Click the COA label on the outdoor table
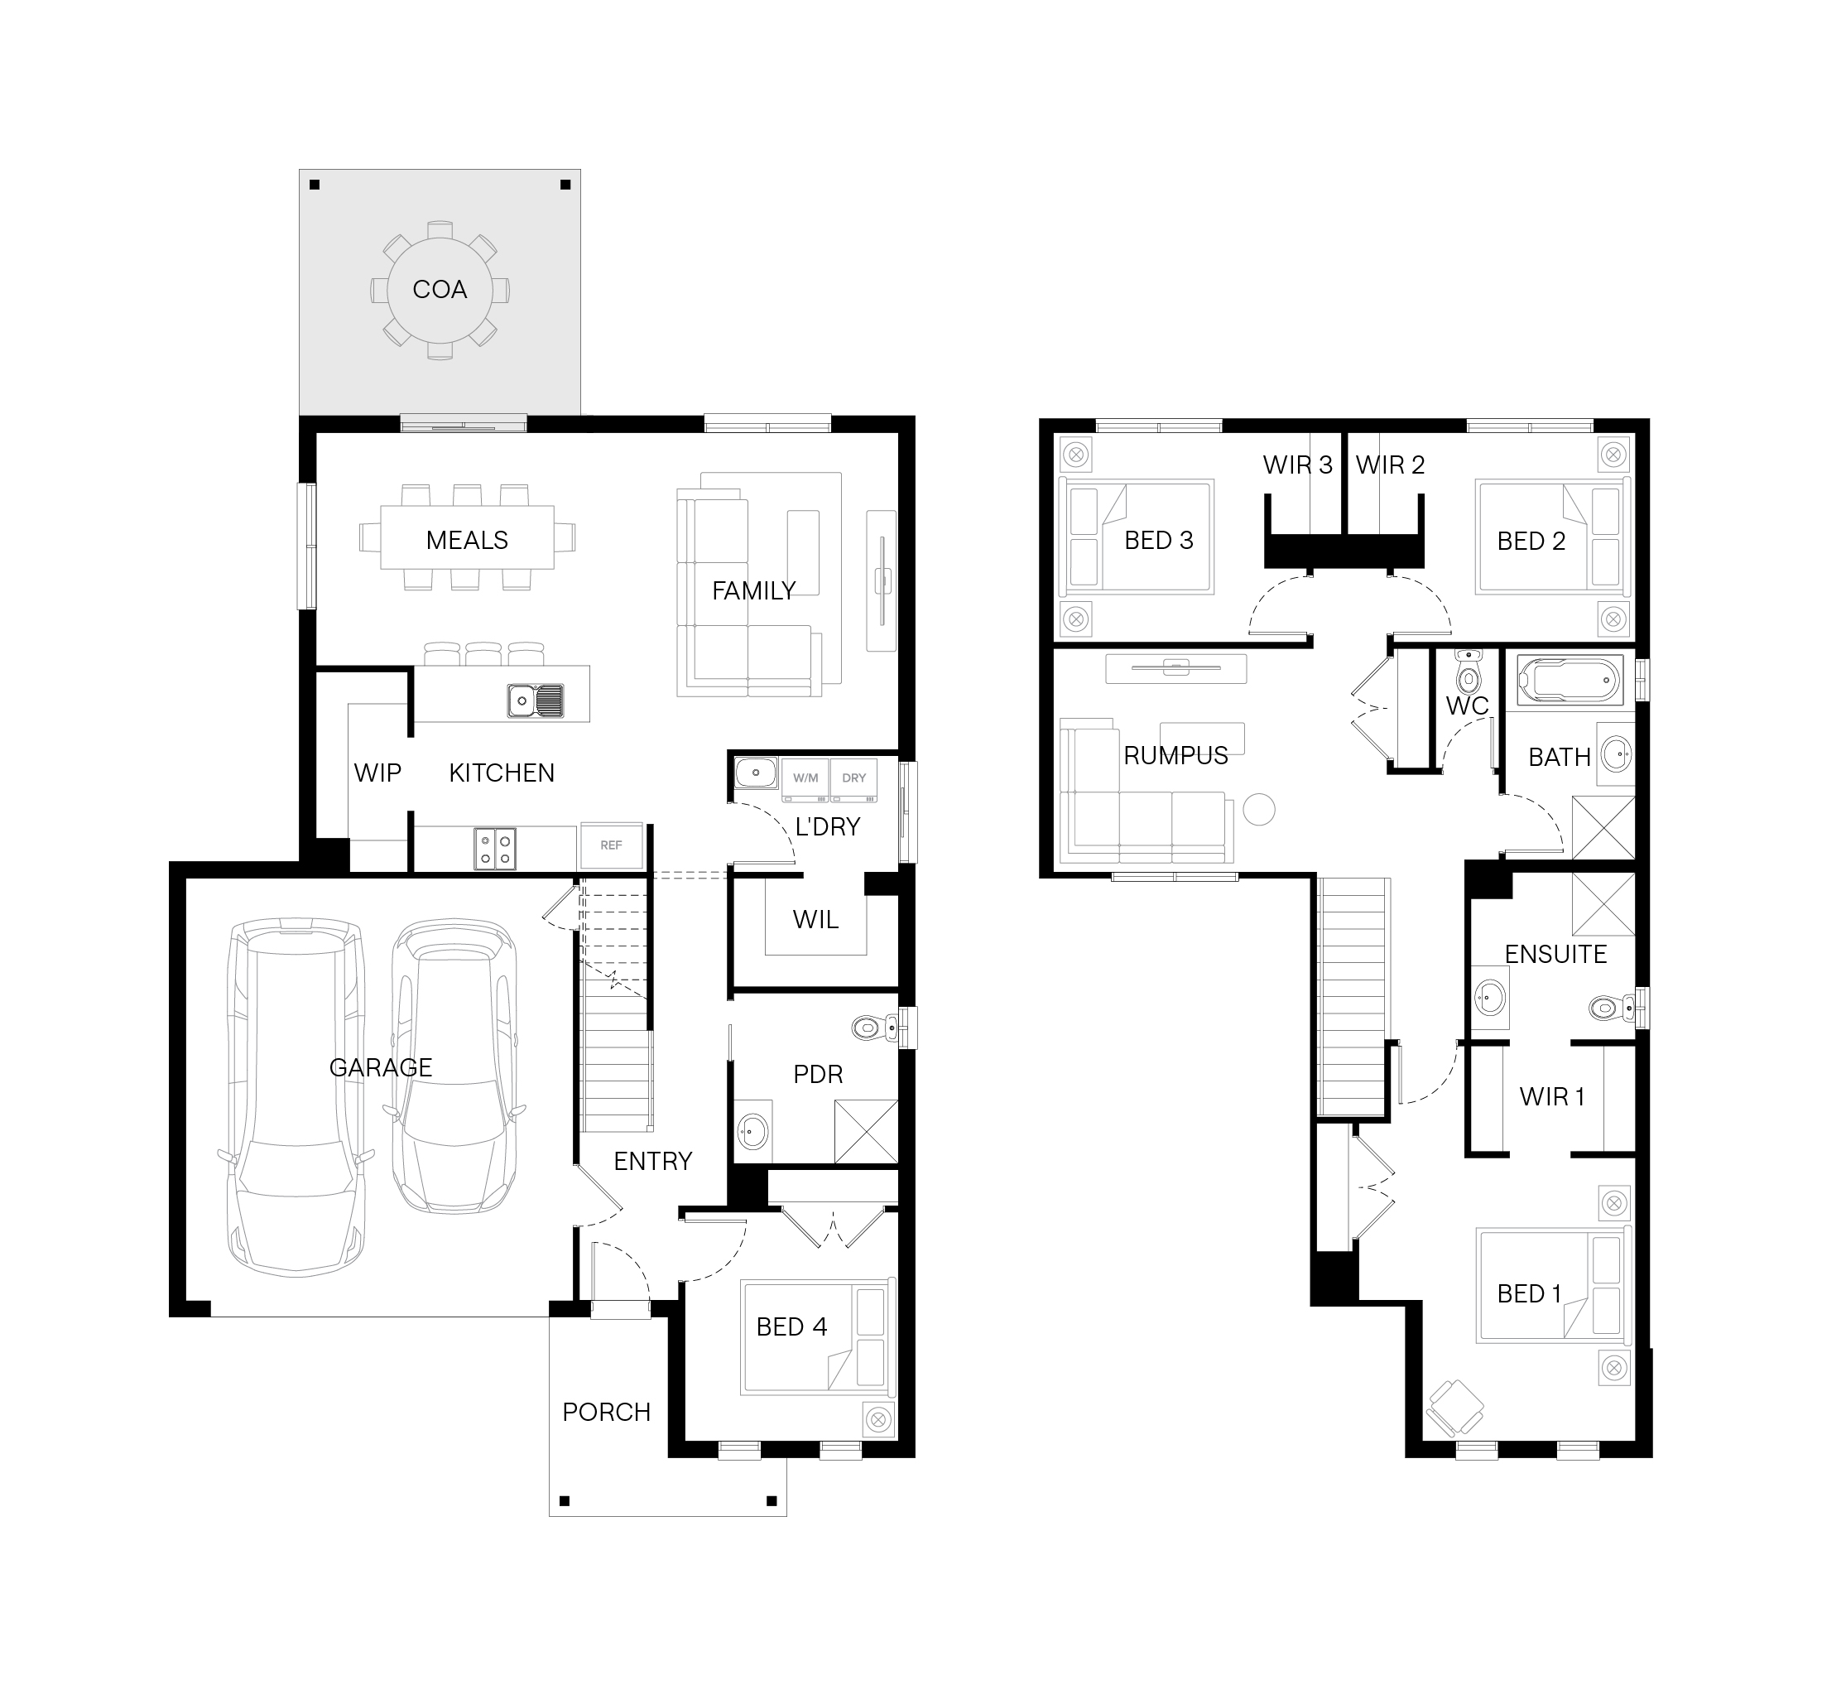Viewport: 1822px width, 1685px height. click(440, 290)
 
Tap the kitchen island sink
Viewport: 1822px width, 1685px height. click(536, 700)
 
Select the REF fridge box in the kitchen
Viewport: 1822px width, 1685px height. click(611, 845)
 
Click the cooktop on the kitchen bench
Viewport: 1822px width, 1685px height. click(495, 848)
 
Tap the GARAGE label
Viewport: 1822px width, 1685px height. click(381, 1066)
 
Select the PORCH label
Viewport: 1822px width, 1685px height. click(606, 1413)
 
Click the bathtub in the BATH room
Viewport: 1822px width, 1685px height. click(1570, 679)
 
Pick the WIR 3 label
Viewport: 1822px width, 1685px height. click(1298, 465)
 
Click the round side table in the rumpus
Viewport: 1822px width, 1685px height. click(1259, 810)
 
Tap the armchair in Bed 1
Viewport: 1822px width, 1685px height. click(1454, 1408)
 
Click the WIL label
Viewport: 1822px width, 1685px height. click(815, 920)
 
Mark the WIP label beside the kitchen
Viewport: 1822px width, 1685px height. click(377, 773)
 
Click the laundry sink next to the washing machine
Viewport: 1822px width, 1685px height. click(757, 773)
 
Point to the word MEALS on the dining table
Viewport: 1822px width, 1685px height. click(467, 541)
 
